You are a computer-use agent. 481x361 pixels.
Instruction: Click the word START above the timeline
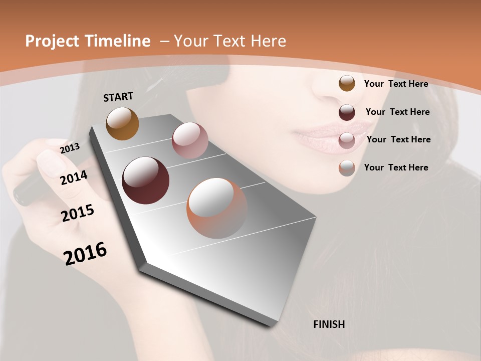[x=118, y=97]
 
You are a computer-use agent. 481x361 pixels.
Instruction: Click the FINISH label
[x=329, y=324]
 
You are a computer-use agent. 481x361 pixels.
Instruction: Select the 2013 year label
[x=70, y=148]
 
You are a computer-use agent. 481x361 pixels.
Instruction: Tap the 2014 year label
[x=74, y=177]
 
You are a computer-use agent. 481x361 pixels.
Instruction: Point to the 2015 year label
[x=78, y=213]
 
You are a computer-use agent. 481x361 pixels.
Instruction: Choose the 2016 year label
[x=85, y=254]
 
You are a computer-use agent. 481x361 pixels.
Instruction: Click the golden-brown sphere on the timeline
[x=122, y=123]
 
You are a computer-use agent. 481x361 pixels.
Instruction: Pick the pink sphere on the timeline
[x=190, y=140]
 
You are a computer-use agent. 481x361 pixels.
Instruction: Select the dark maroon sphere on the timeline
[x=146, y=180]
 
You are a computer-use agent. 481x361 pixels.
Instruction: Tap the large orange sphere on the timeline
[x=217, y=208]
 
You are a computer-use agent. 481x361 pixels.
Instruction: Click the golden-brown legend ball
[x=347, y=83]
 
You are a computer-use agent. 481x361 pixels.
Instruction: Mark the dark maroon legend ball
[x=347, y=112]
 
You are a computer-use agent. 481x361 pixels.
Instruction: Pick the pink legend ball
[x=347, y=140]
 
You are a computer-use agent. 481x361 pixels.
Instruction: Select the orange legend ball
[x=347, y=168]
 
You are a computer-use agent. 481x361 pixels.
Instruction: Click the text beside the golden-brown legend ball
[x=396, y=84]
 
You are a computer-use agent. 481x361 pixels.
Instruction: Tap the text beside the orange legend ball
[x=396, y=167]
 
